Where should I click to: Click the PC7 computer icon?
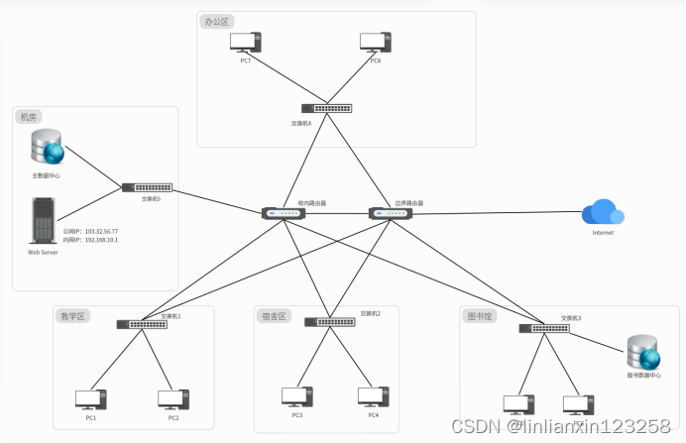tap(245, 43)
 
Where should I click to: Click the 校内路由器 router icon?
tap(284, 213)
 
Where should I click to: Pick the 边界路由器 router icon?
tap(388, 213)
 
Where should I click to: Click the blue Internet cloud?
tap(603, 212)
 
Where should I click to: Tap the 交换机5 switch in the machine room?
tap(147, 186)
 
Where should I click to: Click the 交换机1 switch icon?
tap(141, 324)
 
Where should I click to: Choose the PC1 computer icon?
tap(91, 399)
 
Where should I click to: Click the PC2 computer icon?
tap(172, 399)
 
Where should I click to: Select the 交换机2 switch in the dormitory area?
tap(329, 322)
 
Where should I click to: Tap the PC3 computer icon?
tap(296, 396)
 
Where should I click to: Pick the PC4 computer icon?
tap(373, 396)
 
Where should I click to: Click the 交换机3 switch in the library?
tap(543, 328)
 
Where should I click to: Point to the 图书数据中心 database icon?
tap(643, 353)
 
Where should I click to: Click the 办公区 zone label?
tap(216, 22)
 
